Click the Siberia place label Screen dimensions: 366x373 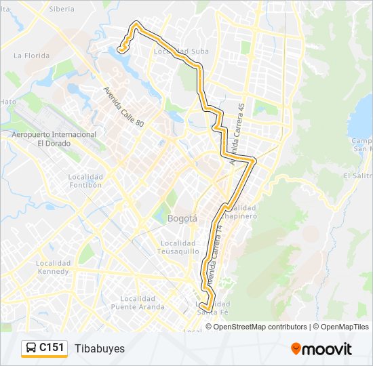62,9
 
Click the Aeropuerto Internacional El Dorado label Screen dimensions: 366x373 54,139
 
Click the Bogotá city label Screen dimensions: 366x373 182,219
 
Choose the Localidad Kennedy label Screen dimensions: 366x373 52,266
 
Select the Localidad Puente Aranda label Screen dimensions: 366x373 142,302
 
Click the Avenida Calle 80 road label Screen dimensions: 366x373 123,106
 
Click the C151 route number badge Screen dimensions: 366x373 52,348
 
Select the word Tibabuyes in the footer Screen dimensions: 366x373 100,348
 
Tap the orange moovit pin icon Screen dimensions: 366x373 296,349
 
